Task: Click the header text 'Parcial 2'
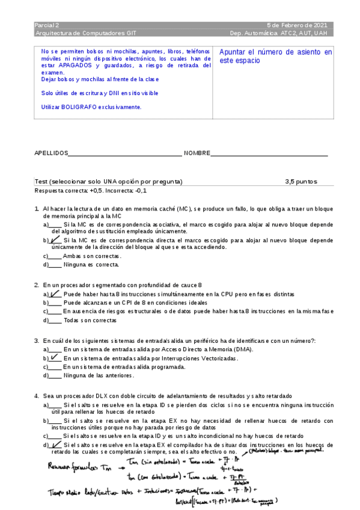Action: click(47, 25)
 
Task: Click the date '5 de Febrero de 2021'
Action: click(297, 25)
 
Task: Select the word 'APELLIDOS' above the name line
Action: click(51, 154)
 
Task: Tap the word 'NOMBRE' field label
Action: click(197, 154)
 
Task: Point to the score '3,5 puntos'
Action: click(301, 182)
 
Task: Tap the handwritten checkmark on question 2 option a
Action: click(55, 294)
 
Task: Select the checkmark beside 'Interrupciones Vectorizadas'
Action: click(55, 357)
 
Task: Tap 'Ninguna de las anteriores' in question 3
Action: click(98, 375)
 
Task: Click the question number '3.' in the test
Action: click(37, 340)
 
